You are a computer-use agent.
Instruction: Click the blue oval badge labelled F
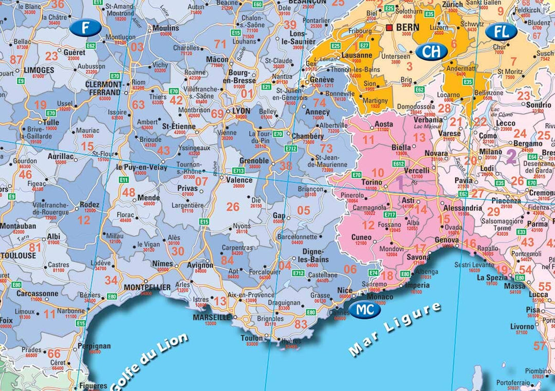coord(85,28)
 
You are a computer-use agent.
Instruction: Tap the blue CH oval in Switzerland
coord(431,51)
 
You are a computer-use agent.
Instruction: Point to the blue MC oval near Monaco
coord(365,309)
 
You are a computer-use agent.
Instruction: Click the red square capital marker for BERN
coord(390,27)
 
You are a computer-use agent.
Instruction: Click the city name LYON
coord(241,110)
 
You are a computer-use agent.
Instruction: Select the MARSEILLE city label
coord(212,318)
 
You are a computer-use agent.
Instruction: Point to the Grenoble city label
coord(254,161)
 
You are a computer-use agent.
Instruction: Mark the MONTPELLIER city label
coord(145,287)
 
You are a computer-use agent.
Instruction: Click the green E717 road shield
coord(390,214)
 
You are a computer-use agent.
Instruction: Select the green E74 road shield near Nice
coord(374,272)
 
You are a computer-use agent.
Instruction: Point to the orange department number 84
coord(227,260)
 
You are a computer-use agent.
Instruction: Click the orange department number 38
coord(286,165)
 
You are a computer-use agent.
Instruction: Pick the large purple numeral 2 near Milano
coord(511,156)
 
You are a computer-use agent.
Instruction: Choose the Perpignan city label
coord(95,346)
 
